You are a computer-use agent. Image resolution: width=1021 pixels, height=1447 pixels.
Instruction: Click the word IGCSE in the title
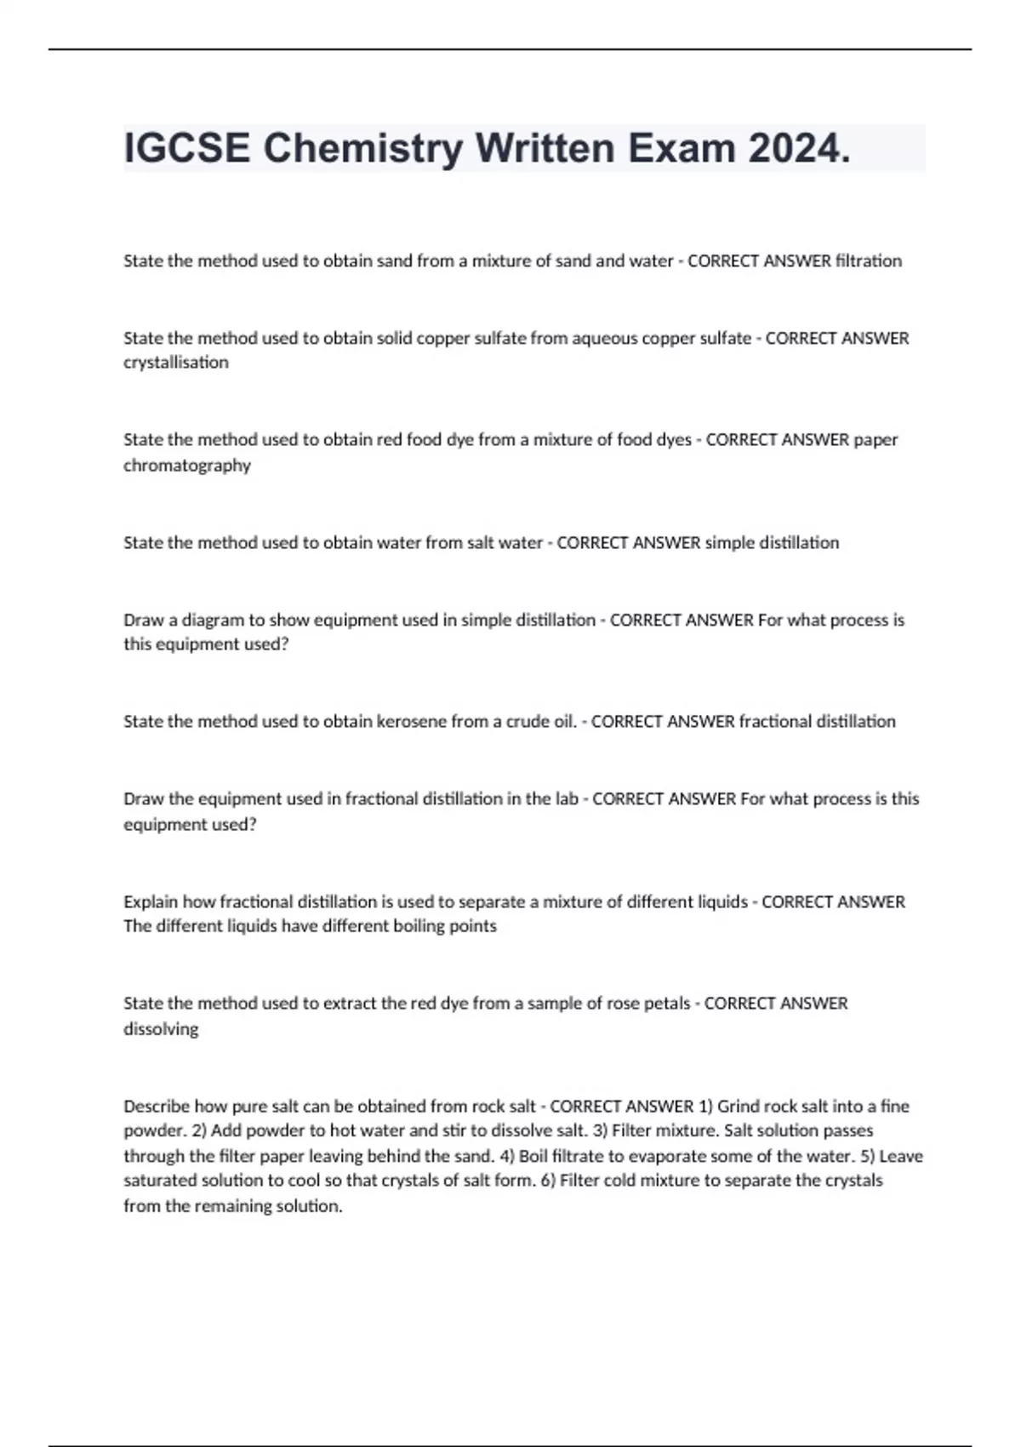pos(187,149)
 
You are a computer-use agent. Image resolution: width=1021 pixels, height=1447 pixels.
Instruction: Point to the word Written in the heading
pos(545,149)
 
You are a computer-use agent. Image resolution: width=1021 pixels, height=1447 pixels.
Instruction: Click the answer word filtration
pos(869,260)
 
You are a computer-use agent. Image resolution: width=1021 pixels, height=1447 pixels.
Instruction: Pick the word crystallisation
pos(176,363)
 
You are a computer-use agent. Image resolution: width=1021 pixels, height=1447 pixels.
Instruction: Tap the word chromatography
pos(187,466)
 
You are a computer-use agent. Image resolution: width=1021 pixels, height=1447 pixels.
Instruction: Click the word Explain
pos(151,901)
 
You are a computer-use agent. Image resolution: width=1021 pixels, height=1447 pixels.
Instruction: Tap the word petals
pos(666,1004)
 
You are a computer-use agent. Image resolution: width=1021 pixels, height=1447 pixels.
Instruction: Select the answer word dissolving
pos(161,1029)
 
